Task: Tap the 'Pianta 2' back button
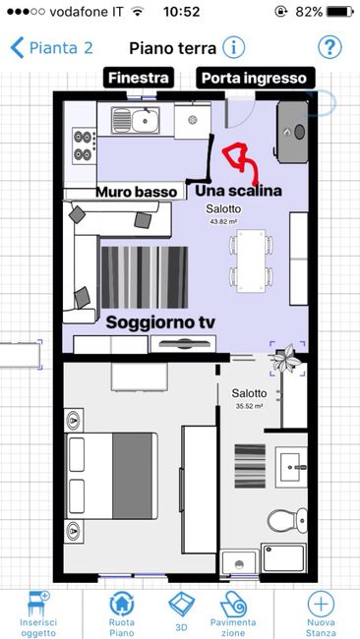click(x=52, y=48)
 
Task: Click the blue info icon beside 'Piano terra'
click(x=234, y=48)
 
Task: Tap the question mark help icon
click(x=330, y=48)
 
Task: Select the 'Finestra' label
click(x=139, y=78)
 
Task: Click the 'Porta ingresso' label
click(x=255, y=78)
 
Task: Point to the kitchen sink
click(x=136, y=120)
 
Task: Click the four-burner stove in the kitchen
click(x=85, y=145)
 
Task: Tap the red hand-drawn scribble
click(x=241, y=161)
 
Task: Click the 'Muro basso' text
click(x=137, y=192)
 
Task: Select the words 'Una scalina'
click(x=238, y=191)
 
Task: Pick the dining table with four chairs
click(x=251, y=261)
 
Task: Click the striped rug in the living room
click(x=145, y=277)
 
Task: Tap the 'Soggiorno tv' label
click(x=160, y=322)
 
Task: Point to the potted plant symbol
click(x=287, y=358)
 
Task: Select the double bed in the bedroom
click(x=112, y=476)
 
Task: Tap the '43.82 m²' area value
click(x=223, y=222)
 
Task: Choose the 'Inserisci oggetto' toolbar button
click(x=38, y=614)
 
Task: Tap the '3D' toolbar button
click(x=182, y=611)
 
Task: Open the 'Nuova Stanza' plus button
click(x=321, y=614)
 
